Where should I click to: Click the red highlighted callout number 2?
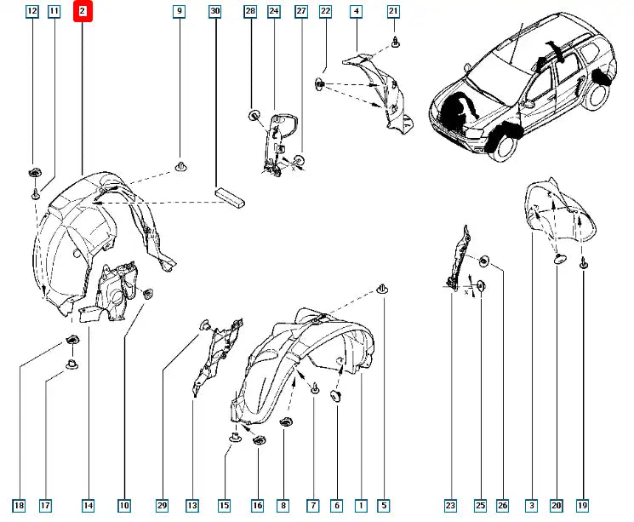coord(83,11)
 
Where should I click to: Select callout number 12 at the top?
coord(32,11)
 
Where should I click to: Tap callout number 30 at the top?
coord(215,11)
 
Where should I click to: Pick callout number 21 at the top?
coord(393,11)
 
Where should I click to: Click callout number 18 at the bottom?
coord(19,505)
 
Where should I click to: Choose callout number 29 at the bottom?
coord(162,505)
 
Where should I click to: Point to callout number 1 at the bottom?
coord(361,505)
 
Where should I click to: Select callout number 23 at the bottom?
coord(450,505)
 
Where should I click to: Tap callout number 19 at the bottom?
coord(582,505)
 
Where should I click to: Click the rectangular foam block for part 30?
coord(231,197)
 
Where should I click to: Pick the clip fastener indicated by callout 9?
coord(180,166)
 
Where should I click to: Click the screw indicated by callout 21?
coord(396,42)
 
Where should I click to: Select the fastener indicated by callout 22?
coord(320,84)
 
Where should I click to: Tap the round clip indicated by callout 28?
coord(254,115)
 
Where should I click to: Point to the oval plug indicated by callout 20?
coord(560,259)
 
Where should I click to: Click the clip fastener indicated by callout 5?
coord(382,289)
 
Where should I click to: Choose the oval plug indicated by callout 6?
coord(336,396)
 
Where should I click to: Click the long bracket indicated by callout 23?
coord(458,259)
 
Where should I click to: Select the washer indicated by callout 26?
coord(483,261)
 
